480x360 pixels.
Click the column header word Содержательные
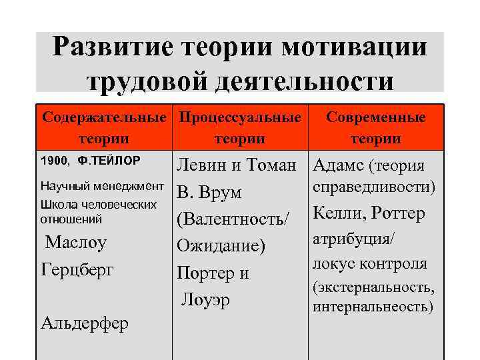coord(103,118)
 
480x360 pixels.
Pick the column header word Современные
coord(376,118)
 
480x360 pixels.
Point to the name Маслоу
coord(76,242)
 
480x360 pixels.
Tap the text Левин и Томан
coord(236,165)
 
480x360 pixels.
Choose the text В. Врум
coord(209,193)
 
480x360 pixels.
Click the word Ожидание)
coord(221,246)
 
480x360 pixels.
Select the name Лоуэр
coord(205,299)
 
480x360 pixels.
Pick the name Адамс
coord(337,165)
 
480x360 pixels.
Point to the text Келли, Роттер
coord(369,215)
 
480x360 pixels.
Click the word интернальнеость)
coord(373,307)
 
